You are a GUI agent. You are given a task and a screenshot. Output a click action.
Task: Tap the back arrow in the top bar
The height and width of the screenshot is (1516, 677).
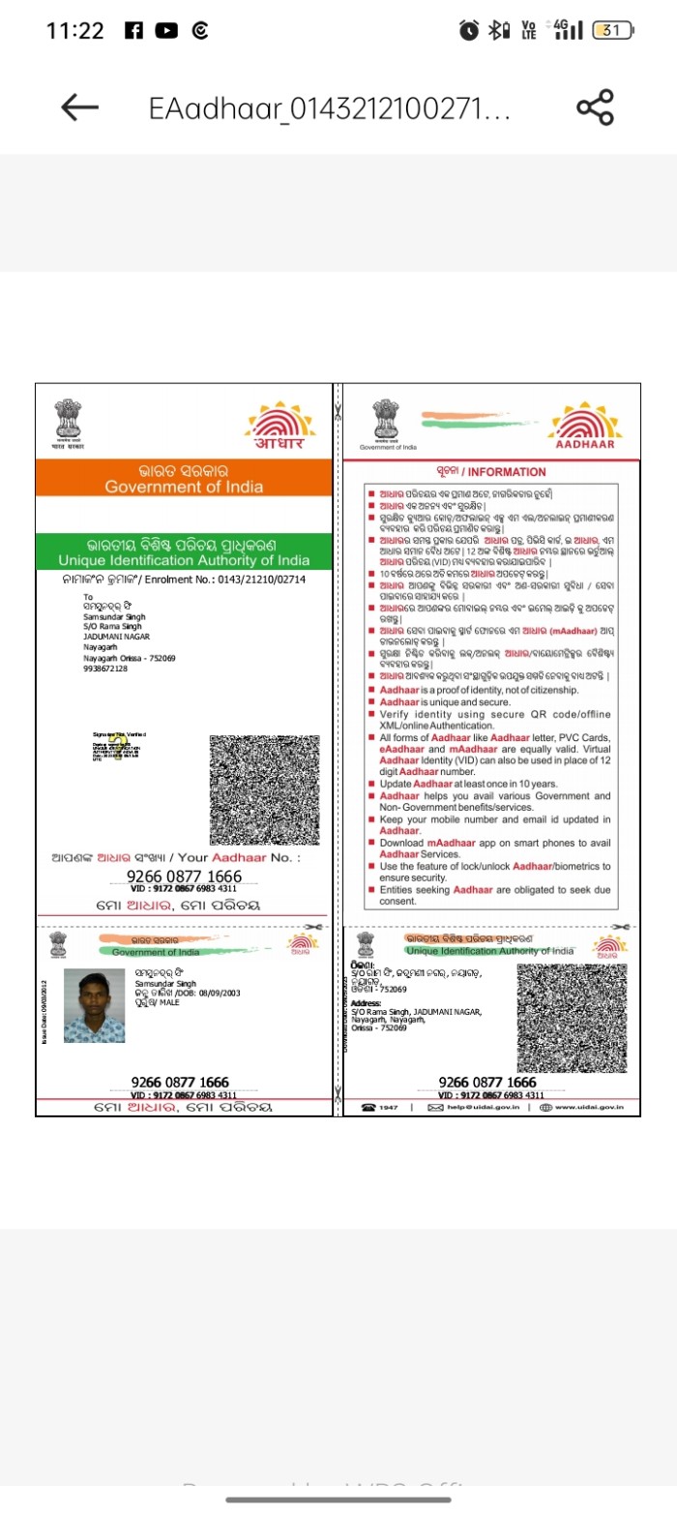pos(80,107)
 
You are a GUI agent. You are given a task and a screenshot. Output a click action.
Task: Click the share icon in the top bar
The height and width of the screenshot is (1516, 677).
pos(595,107)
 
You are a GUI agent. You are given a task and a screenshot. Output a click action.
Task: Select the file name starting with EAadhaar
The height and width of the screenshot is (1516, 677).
pos(329,107)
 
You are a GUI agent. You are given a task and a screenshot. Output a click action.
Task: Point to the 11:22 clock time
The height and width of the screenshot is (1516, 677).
pos(74,31)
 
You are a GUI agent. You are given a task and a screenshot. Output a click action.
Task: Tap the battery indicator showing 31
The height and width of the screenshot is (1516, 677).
pos(612,31)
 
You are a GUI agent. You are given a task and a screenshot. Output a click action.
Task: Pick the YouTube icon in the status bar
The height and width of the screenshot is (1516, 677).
pos(166,31)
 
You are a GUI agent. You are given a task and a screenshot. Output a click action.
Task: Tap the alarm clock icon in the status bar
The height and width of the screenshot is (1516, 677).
pos(469,31)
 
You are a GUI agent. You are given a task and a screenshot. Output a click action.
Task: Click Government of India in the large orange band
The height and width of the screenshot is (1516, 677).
pos(184,487)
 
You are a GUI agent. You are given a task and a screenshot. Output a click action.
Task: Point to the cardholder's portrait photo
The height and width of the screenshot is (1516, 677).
pos(94,1005)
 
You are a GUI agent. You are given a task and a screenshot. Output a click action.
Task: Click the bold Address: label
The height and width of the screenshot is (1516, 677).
pos(366,1003)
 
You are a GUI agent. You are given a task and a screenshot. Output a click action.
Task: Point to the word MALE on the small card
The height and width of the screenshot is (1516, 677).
pos(169,1002)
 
